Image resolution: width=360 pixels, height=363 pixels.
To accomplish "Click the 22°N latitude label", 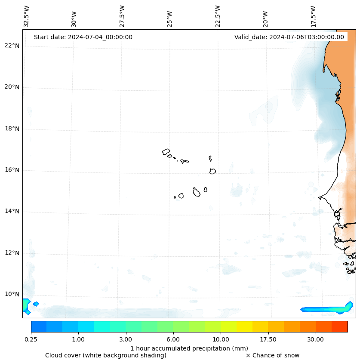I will [x=12, y=46].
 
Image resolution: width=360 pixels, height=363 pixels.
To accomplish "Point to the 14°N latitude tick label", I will [x=12, y=211].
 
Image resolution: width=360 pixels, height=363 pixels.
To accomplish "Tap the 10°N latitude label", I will [x=12, y=294].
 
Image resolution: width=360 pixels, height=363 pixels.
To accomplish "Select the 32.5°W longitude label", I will [x=27, y=16].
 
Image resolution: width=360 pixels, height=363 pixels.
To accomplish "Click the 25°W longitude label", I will [x=170, y=19].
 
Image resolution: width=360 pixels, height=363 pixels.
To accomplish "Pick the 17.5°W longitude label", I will [x=313, y=16].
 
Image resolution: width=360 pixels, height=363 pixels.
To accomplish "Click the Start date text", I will [x=83, y=37].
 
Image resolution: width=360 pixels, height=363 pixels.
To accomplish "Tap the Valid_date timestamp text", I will [x=289, y=37].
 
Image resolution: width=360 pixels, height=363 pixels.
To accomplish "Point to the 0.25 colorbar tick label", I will [x=31, y=339].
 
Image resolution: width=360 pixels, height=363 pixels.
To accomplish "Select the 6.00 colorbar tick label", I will [x=173, y=339].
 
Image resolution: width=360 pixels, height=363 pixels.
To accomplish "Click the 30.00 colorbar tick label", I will [x=316, y=339].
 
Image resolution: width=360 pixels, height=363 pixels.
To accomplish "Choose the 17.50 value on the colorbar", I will [x=268, y=339].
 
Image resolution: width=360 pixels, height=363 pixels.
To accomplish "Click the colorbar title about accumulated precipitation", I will [x=189, y=348].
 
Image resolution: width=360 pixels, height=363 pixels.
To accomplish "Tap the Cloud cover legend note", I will [x=106, y=355].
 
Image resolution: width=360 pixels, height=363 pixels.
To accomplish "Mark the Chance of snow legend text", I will [x=273, y=355].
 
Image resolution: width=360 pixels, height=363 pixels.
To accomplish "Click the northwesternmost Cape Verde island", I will [x=166, y=151].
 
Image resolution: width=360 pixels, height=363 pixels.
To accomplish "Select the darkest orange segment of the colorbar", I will [x=339, y=326].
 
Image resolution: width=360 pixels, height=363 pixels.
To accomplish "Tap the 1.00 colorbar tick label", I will [x=78, y=339].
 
